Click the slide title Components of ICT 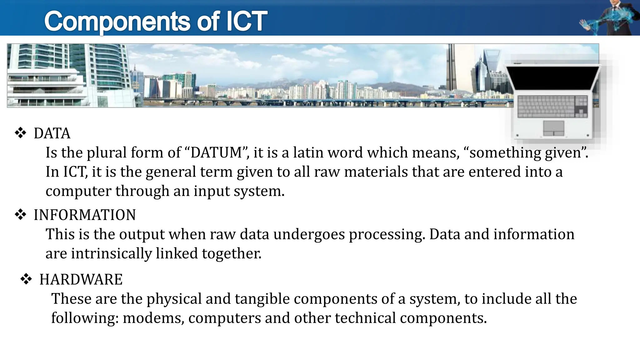coord(156,21)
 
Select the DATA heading coord(52,133)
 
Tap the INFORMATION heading coord(85,215)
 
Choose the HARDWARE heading coord(81,279)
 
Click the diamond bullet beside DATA coord(21,133)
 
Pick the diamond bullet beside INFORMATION coord(21,215)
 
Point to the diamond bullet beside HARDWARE coord(26,279)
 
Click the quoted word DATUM coord(216,153)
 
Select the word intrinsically coord(112,253)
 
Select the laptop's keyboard coord(552,106)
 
